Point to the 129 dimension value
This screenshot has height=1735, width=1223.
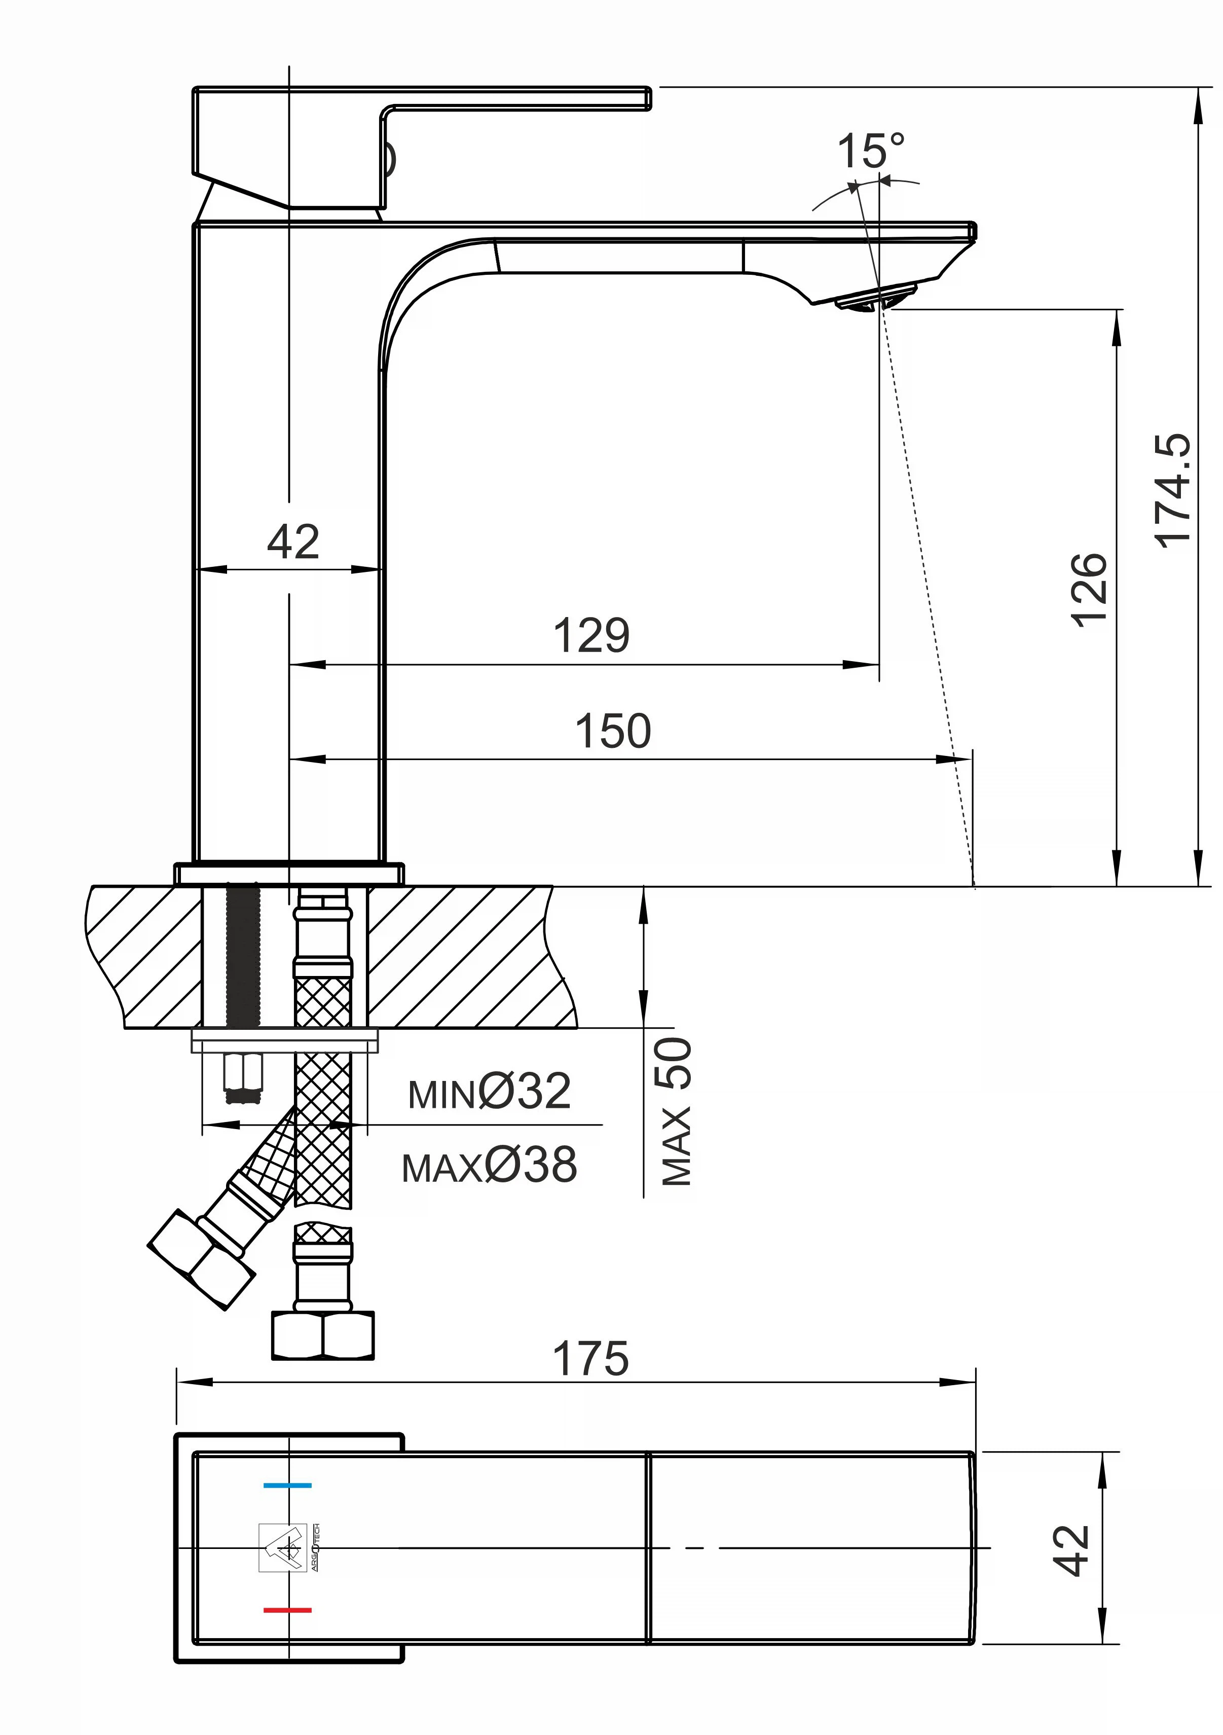click(x=591, y=635)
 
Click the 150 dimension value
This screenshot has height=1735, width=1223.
click(x=613, y=731)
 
